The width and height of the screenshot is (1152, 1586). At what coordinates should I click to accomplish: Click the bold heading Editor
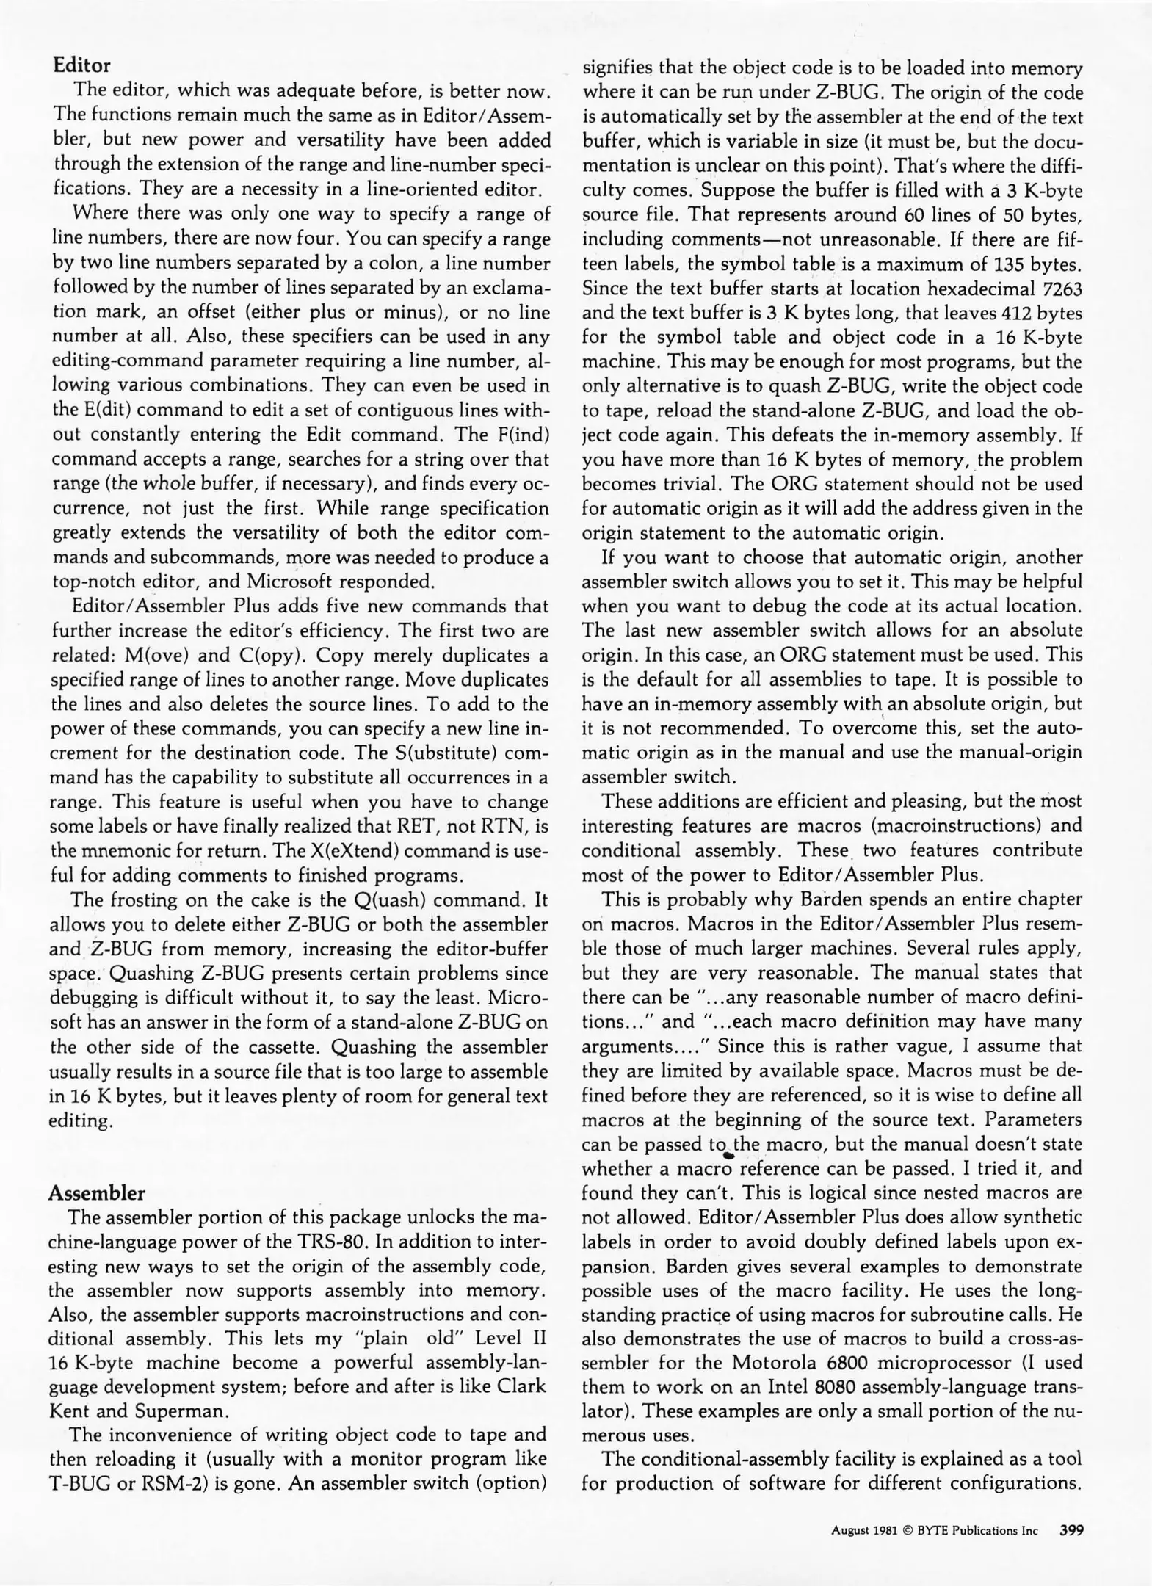81,65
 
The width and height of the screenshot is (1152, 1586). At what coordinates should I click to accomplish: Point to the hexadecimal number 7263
1062,289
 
